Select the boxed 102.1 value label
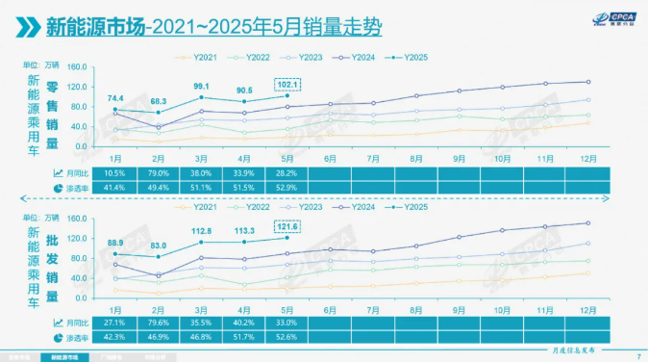coord(289,84)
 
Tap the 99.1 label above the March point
coord(201,87)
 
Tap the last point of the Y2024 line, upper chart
coord(587,82)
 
